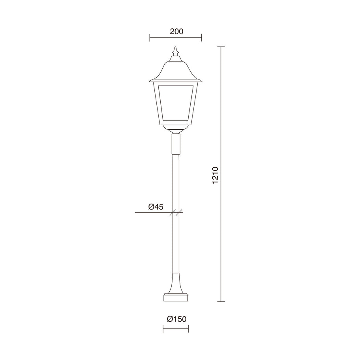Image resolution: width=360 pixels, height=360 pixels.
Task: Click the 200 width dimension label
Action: click(x=176, y=32)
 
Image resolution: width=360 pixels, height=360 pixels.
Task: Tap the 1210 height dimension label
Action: click(x=215, y=175)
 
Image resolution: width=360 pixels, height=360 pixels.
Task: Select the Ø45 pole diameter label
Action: click(x=156, y=207)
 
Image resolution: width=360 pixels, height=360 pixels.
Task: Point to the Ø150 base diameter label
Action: click(x=177, y=319)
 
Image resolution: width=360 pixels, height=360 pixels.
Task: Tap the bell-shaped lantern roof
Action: click(x=176, y=71)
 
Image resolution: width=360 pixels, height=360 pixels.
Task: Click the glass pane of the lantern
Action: click(x=176, y=103)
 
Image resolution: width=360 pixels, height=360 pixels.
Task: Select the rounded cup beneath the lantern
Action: click(x=176, y=128)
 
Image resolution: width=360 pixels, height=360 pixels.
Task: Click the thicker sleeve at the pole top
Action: click(x=176, y=144)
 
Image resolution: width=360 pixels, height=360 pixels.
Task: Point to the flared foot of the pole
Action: click(x=176, y=283)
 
